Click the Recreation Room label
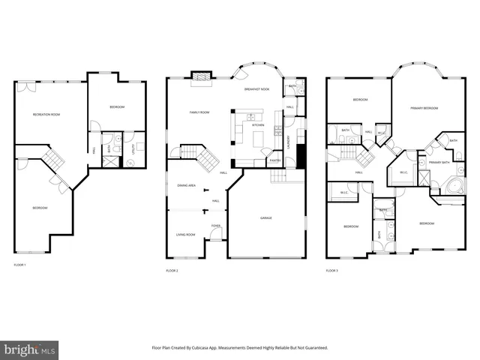pos(46,114)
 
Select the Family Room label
pos(199,112)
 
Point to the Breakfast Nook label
pos(256,89)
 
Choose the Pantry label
pos(274,160)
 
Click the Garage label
pos(266,218)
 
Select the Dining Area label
pos(187,184)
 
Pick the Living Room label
pos(185,235)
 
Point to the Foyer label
pos(215,225)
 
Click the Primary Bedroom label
pos(424,108)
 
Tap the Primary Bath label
pos(439,162)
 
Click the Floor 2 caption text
pos(172,270)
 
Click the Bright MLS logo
pos(30,349)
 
